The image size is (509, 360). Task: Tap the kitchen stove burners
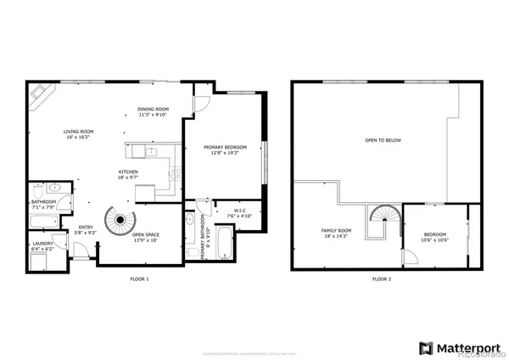click(x=175, y=173)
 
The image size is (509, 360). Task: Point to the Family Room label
click(x=335, y=233)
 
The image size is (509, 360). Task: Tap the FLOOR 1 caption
click(x=139, y=279)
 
